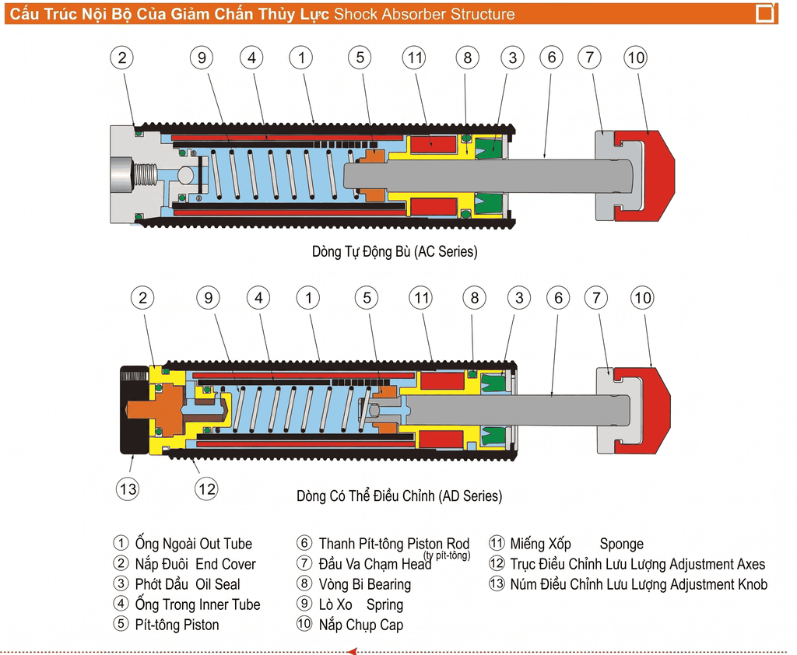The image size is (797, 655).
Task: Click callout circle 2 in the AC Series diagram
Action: coord(122,57)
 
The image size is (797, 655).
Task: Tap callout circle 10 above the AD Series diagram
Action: coord(643,298)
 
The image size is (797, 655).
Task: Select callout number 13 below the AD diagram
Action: coord(128,489)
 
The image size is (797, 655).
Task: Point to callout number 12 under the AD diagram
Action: coord(206,489)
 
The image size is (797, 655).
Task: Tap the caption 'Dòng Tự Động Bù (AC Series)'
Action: coord(395,251)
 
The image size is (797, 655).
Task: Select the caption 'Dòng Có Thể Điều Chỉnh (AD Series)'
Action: coord(399,496)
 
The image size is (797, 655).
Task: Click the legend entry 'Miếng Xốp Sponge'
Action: coord(576,545)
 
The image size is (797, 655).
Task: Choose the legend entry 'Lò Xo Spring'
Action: coord(360,604)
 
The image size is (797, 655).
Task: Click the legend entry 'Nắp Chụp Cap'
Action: coord(360,625)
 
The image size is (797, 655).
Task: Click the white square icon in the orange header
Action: coord(765,13)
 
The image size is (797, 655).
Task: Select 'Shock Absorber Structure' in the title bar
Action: coord(424,14)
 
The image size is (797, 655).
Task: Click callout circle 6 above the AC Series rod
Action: coord(551,57)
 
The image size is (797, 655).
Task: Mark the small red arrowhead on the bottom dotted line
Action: coord(351,650)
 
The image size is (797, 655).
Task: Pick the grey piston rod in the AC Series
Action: coord(498,176)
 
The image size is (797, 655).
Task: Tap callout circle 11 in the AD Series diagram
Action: coord(421,298)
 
